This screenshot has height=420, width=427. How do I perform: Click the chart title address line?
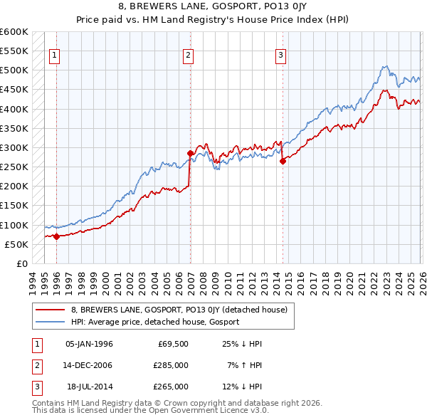(x=213, y=6)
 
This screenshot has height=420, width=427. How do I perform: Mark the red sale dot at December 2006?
(x=190, y=153)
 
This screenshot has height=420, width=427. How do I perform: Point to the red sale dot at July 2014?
(x=283, y=161)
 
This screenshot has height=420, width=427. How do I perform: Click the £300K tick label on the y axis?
(x=14, y=147)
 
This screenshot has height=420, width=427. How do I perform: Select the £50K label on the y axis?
(x=16, y=244)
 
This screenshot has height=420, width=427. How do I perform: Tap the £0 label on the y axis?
(x=21, y=263)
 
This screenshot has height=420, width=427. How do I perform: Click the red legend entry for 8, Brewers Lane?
(x=178, y=310)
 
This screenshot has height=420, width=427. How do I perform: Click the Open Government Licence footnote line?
(x=151, y=411)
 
